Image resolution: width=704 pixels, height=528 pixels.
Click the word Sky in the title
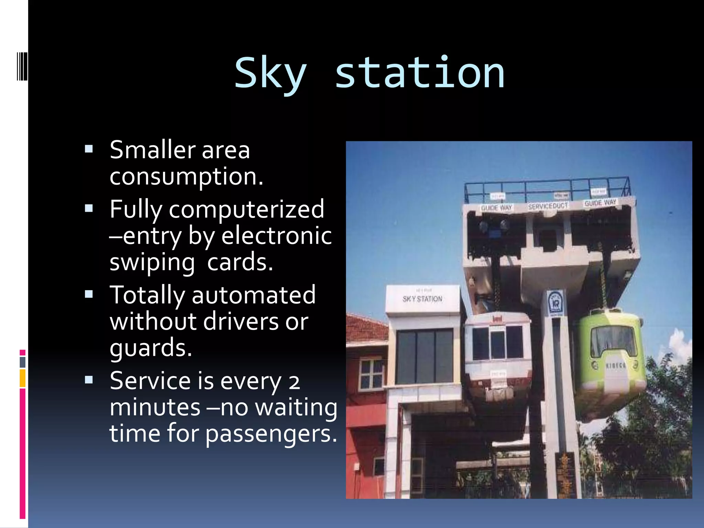pyautogui.click(x=270, y=74)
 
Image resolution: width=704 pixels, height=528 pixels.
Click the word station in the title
pyautogui.click(x=419, y=74)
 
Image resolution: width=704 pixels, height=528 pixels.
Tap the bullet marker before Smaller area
pyautogui.click(x=89, y=149)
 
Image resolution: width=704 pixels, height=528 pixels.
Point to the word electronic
pyautogui.click(x=276, y=236)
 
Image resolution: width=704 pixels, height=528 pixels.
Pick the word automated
pyautogui.click(x=253, y=295)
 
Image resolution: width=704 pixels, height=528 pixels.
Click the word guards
pyautogui.click(x=150, y=348)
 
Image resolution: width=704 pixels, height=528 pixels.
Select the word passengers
pyautogui.click(x=271, y=434)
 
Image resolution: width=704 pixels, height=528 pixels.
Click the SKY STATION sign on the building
pyautogui.click(x=422, y=299)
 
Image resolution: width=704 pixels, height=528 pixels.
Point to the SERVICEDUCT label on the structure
pyautogui.click(x=548, y=206)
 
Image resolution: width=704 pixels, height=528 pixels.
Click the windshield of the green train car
pyautogui.click(x=613, y=341)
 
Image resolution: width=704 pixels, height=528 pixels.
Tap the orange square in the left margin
pyautogui.click(x=23, y=378)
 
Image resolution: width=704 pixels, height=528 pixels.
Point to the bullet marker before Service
pyautogui.click(x=89, y=380)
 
